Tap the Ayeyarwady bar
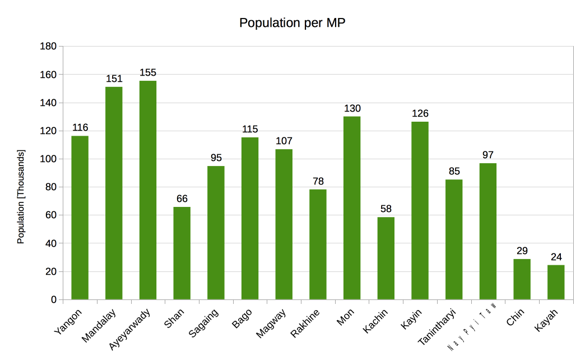(x=148, y=190)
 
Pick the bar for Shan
(x=182, y=253)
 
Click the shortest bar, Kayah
(x=556, y=282)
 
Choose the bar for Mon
(x=352, y=207)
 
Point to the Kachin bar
(x=386, y=258)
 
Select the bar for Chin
(x=522, y=279)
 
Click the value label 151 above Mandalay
(x=114, y=79)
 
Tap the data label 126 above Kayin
(x=420, y=114)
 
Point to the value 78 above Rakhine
(x=318, y=182)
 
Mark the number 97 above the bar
(x=487, y=155)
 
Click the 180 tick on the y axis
(x=49, y=47)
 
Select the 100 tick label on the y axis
(x=49, y=159)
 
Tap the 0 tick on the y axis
(x=54, y=299)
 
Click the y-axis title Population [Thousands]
(x=21, y=196)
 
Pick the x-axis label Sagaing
(x=203, y=323)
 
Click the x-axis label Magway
(x=272, y=323)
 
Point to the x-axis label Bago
(x=242, y=318)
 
